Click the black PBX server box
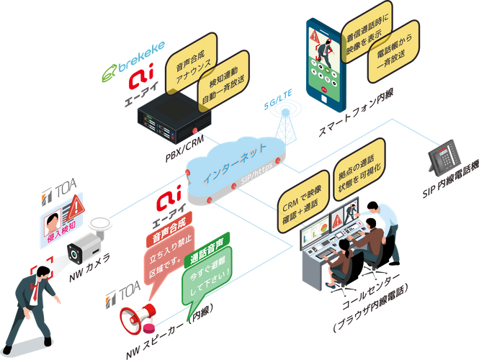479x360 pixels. tap(168, 117)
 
